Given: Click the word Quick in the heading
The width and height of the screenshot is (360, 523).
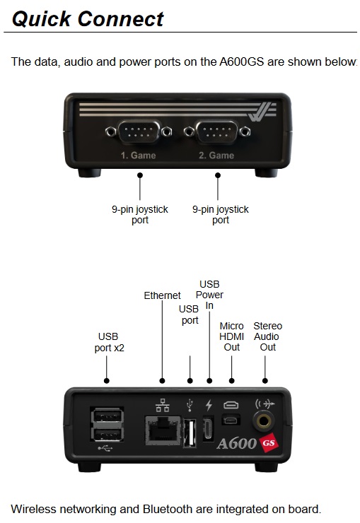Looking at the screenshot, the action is (x=41, y=18).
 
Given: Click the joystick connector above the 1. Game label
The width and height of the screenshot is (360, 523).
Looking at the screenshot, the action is (x=139, y=131).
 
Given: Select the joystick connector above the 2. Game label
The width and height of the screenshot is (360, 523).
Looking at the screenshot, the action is (x=217, y=131).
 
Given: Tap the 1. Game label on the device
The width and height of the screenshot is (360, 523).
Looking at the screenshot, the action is (x=139, y=155).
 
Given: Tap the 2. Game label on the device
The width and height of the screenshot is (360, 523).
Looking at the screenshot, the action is (x=216, y=155).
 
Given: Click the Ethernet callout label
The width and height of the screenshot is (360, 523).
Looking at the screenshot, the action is (x=162, y=295).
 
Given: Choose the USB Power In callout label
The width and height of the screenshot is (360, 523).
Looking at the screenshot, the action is (x=209, y=295).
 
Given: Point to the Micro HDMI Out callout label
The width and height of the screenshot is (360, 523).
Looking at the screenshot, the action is (x=231, y=336).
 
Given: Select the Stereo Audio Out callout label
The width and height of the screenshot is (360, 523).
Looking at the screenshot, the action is (x=267, y=336).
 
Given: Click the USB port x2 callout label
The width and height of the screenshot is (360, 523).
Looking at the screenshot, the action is (x=109, y=342).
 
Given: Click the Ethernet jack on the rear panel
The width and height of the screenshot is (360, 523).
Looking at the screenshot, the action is (x=163, y=430).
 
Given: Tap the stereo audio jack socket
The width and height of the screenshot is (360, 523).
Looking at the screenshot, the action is (x=263, y=421).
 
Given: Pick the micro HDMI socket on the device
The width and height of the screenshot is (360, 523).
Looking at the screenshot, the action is (x=231, y=420).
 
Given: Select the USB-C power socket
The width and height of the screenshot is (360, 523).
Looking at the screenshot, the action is (x=208, y=428).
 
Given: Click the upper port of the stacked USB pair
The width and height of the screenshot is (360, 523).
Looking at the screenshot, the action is (x=107, y=416).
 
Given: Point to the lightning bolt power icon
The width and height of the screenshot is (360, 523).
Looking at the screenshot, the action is (x=209, y=405).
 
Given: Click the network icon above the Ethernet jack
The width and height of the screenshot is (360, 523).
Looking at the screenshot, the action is (x=163, y=405).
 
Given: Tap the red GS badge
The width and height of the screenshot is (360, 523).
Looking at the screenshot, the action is (x=269, y=442).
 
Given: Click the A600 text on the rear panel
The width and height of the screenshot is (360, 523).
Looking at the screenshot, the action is (x=236, y=444).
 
